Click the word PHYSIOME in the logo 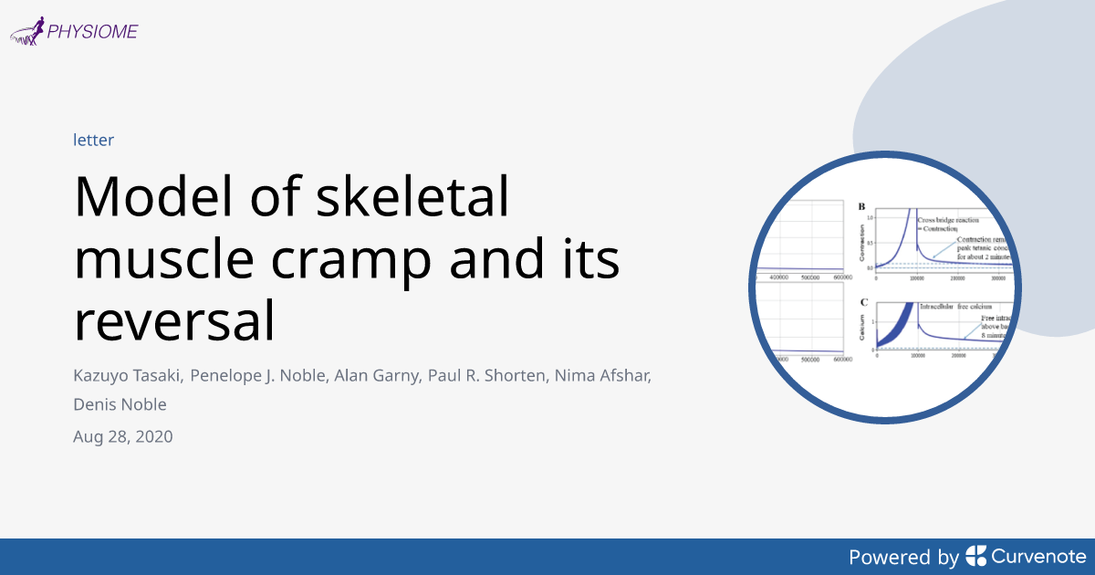[x=93, y=31]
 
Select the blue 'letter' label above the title [x=93, y=140]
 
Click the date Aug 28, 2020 [x=122, y=436]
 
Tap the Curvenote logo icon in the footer [x=975, y=556]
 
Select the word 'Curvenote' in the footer [x=1038, y=556]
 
